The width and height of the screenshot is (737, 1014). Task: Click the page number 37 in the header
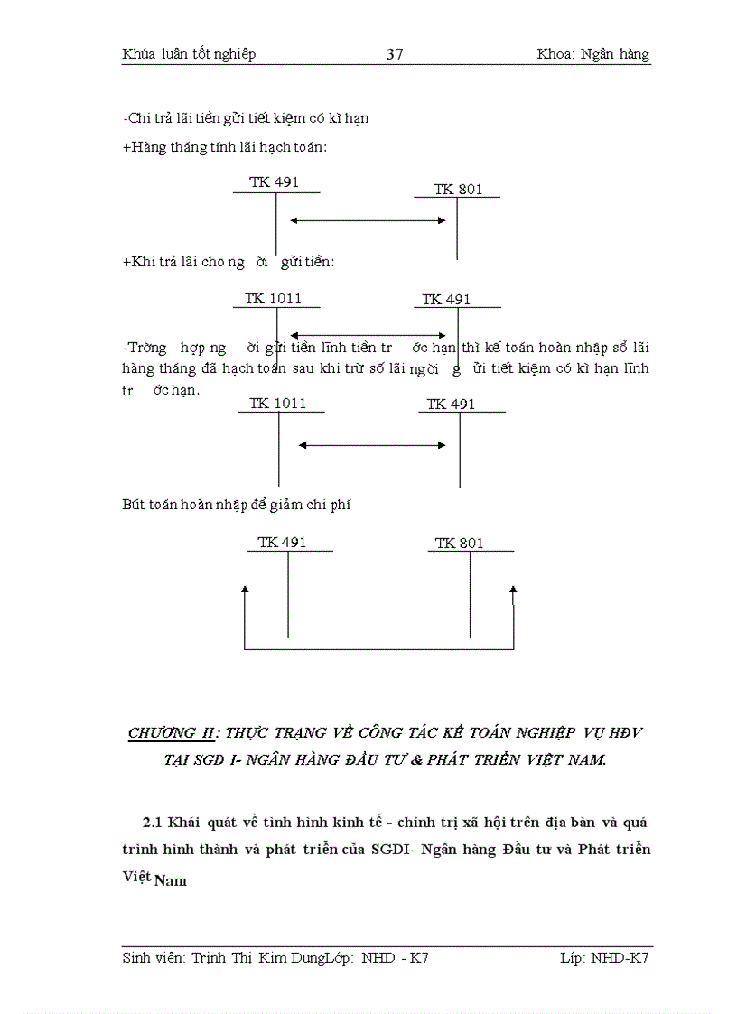(395, 54)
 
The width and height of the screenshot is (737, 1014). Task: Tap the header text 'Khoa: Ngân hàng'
(592, 54)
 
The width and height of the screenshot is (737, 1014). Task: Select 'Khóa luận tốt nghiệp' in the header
(189, 54)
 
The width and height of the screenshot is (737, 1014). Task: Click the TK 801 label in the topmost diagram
(458, 190)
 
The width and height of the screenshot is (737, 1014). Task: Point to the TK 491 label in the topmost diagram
(274, 182)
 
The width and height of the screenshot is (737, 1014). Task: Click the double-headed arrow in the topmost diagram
(368, 220)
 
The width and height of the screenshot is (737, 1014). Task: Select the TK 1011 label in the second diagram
(273, 299)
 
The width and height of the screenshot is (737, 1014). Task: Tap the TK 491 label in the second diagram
(446, 300)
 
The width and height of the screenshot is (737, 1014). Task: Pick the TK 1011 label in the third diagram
(278, 404)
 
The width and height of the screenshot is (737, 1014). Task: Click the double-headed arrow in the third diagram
(372, 444)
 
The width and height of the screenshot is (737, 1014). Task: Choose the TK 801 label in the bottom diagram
(459, 544)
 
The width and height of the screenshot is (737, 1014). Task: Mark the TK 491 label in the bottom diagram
(282, 543)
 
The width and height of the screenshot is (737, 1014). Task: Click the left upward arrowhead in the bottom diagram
(245, 590)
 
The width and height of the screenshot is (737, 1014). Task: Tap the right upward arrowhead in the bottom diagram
(513, 590)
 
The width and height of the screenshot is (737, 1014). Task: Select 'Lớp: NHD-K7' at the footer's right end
(604, 957)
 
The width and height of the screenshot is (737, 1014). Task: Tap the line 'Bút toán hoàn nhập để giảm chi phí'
(236, 505)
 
